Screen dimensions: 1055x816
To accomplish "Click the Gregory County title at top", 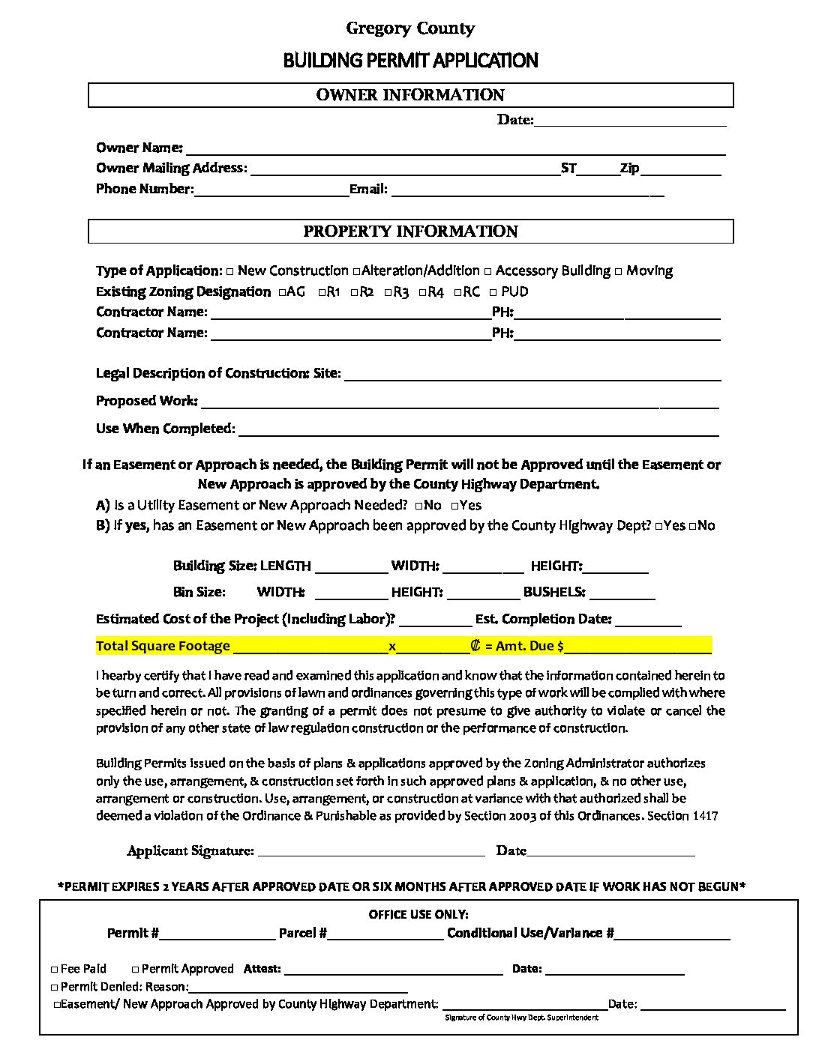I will click(x=410, y=28).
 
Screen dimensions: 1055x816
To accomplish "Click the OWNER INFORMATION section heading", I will click(x=410, y=95).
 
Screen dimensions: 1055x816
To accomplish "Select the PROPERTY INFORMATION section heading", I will click(x=410, y=232).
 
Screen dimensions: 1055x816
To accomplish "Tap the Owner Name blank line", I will click(x=455, y=150).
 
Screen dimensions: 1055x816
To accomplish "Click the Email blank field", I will click(x=527, y=191).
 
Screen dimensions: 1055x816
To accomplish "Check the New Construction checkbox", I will click(x=230, y=271).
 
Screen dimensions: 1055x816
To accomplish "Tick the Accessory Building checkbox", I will click(x=488, y=271).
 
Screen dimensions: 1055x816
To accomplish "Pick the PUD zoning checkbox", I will click(x=493, y=292).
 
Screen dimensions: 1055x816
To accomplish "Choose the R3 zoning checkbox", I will click(x=388, y=292).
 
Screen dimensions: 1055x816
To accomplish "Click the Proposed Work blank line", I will click(x=458, y=403).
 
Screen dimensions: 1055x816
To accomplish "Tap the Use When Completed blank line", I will click(x=478, y=431).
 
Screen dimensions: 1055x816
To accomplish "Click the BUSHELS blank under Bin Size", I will click(x=622, y=594).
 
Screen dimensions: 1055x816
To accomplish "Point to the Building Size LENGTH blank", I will click(x=351, y=568).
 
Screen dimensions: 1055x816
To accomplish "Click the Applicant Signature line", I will click(x=371, y=851).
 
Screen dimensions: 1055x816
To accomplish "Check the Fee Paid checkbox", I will click(x=54, y=970).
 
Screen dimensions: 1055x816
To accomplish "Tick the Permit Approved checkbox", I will click(x=136, y=970).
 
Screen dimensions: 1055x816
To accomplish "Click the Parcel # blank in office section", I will click(x=385, y=934).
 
